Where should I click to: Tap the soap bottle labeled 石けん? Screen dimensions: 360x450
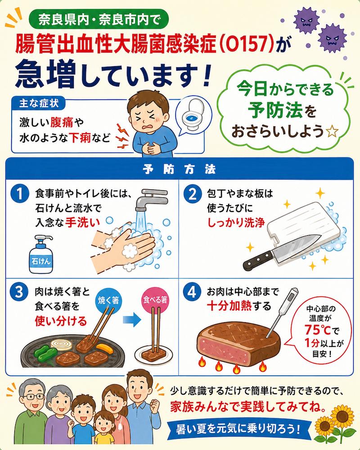pyautogui.click(x=41, y=254)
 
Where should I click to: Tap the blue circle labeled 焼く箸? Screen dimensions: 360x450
pyautogui.click(x=108, y=301)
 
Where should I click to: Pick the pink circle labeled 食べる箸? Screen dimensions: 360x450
pyautogui.click(x=155, y=300)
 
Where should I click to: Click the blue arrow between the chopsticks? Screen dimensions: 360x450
pyautogui.click(x=132, y=320)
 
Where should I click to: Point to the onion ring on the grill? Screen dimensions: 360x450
pyautogui.click(x=61, y=344)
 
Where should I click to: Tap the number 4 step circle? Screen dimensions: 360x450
pyautogui.click(x=192, y=292)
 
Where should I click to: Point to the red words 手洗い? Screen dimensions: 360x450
pyautogui.click(x=83, y=222)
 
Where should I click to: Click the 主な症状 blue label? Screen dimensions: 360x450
pyautogui.click(x=39, y=103)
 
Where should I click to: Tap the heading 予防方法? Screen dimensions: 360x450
pyautogui.click(x=180, y=169)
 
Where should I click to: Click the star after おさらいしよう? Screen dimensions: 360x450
pyautogui.click(x=333, y=132)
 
